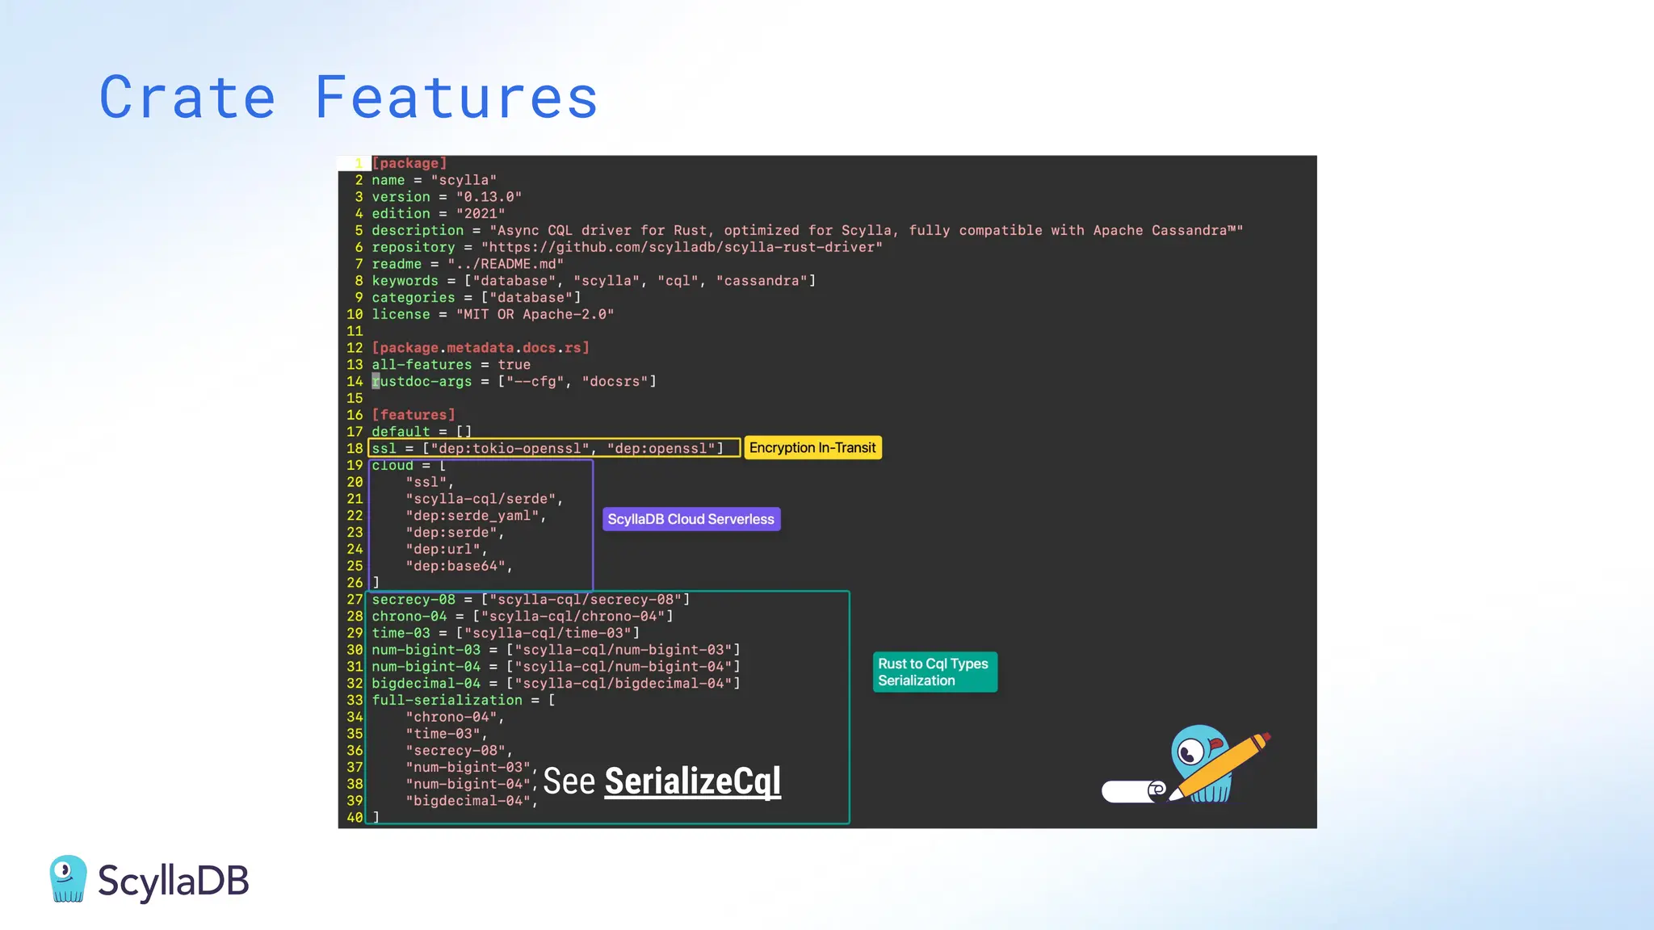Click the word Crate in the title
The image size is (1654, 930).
[187, 98]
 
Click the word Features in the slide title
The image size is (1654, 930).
[456, 98]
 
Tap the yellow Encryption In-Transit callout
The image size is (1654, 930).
[812, 448]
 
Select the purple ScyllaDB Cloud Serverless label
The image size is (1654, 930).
[691, 519]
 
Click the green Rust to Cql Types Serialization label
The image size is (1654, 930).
[934, 672]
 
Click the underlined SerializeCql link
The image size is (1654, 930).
[692, 781]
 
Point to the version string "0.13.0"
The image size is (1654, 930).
[489, 197]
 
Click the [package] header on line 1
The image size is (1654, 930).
[409, 163]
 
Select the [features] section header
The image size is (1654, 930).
[413, 415]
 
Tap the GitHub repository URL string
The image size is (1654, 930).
[682, 247]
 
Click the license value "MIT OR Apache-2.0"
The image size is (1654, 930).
[535, 314]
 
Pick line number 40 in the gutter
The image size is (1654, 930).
[355, 818]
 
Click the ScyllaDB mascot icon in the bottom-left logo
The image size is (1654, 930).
[68, 878]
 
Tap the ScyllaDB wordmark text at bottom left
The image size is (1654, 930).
[174, 881]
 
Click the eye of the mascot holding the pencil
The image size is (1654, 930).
[1190, 754]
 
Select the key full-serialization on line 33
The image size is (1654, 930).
[447, 700]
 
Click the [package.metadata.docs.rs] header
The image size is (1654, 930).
[481, 348]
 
